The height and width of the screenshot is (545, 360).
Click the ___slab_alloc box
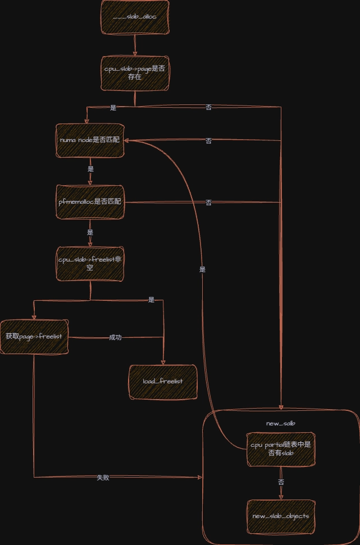click(135, 17)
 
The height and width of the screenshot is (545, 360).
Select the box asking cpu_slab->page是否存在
click(135, 72)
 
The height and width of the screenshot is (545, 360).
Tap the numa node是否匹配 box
click(90, 140)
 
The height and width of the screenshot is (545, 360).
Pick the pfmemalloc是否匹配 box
click(90, 201)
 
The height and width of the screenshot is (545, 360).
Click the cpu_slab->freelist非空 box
click(90, 264)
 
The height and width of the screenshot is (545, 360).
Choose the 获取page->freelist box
click(34, 336)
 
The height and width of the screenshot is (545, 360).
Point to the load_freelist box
click(163, 382)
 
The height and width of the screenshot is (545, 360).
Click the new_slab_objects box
click(281, 516)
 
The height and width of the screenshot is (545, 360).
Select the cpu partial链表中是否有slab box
click(281, 449)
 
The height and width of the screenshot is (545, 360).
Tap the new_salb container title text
click(280, 423)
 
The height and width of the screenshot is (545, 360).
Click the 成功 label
click(115, 337)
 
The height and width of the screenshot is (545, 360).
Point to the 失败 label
click(103, 478)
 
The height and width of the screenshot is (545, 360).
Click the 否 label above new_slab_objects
click(281, 482)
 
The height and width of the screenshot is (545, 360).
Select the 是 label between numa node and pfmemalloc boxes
click(90, 168)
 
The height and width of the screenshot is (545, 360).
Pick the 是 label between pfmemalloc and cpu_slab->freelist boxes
click(90, 232)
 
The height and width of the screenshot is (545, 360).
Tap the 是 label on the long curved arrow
click(202, 269)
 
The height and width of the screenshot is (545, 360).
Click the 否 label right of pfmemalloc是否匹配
click(209, 202)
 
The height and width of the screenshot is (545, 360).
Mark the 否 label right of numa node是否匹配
click(209, 141)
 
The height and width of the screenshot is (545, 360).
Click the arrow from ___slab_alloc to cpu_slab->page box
click(135, 44)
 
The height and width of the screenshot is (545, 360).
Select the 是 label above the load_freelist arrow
click(151, 300)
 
